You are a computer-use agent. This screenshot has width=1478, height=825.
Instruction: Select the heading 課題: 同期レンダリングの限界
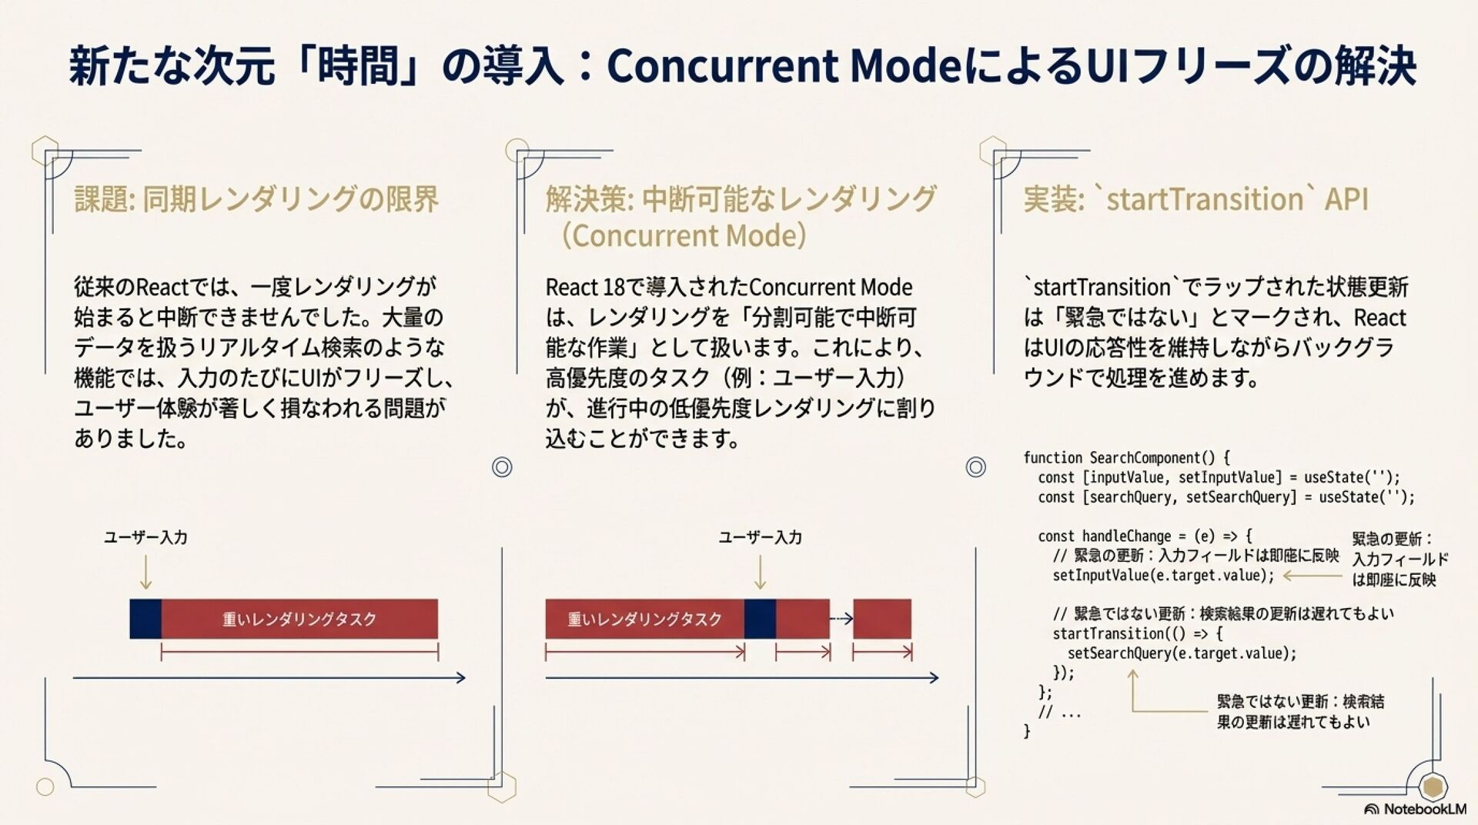point(256,199)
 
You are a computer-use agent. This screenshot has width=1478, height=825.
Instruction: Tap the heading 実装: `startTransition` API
point(1195,199)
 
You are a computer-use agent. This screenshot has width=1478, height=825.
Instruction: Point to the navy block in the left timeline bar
point(145,619)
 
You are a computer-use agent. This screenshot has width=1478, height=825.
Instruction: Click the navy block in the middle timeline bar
point(760,619)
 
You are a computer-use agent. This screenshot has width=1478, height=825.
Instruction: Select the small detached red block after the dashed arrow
point(881,619)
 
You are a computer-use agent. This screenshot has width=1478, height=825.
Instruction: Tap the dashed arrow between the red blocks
point(841,618)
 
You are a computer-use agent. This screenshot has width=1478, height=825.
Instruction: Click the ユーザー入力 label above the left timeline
point(145,537)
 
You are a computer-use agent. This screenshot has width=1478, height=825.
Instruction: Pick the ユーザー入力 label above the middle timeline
point(760,537)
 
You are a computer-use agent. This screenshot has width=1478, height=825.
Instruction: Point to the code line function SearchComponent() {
point(1126,458)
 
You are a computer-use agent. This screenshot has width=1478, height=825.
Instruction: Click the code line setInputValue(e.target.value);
point(1163,576)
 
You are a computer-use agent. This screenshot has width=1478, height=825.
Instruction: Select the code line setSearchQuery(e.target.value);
point(1182,653)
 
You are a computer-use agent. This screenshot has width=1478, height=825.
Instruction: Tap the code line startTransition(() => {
point(1137,633)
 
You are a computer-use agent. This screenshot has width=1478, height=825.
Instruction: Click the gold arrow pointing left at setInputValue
point(1312,576)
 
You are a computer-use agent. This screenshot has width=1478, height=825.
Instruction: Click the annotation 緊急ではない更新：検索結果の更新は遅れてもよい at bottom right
point(1299,712)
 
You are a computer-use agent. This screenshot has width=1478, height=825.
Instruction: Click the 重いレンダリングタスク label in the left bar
point(299,619)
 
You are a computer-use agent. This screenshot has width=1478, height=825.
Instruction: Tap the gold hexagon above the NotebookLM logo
point(1433,787)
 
